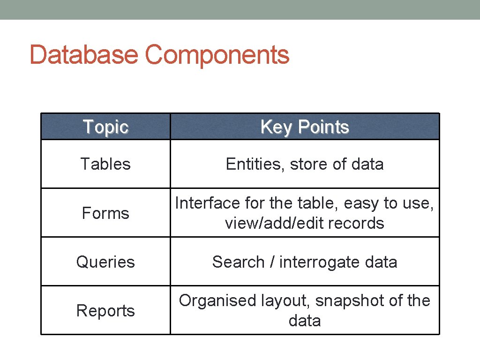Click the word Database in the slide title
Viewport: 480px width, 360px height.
point(83,55)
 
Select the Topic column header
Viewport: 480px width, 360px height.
point(105,127)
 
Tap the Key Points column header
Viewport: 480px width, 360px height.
point(305,127)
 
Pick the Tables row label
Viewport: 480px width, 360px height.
point(105,164)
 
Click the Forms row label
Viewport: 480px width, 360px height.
point(105,213)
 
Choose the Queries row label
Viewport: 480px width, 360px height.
point(105,262)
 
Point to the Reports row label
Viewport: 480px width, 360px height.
point(105,311)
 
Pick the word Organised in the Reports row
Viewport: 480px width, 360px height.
point(217,300)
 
